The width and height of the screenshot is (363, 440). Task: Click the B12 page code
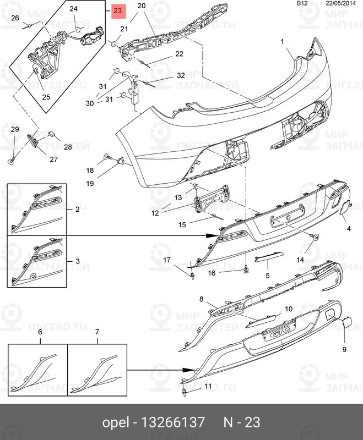302,3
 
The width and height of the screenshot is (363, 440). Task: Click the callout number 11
208,387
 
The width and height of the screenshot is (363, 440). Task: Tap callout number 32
181,75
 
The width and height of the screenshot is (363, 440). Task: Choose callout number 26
15,19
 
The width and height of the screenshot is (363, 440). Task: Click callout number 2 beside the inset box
77,210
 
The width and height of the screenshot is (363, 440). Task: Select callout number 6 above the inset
40,333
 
